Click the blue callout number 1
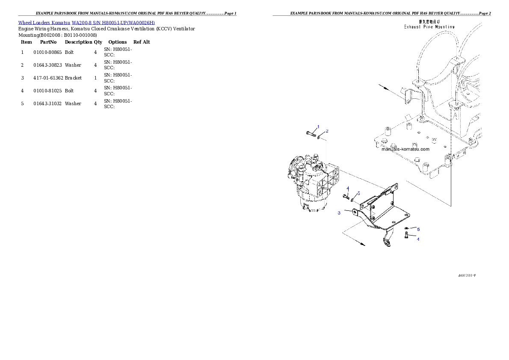[x=318, y=127]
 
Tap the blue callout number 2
[x=327, y=130]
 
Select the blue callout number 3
[x=339, y=213]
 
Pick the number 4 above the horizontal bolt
[x=348, y=189]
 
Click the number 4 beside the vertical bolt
[x=418, y=239]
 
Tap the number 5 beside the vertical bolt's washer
[x=418, y=230]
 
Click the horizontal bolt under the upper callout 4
[x=346, y=197]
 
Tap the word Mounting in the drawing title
[x=444, y=27]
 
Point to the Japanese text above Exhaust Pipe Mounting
[x=430, y=21]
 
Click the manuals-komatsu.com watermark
[x=405, y=149]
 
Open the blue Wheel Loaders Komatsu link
[x=86, y=22]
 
